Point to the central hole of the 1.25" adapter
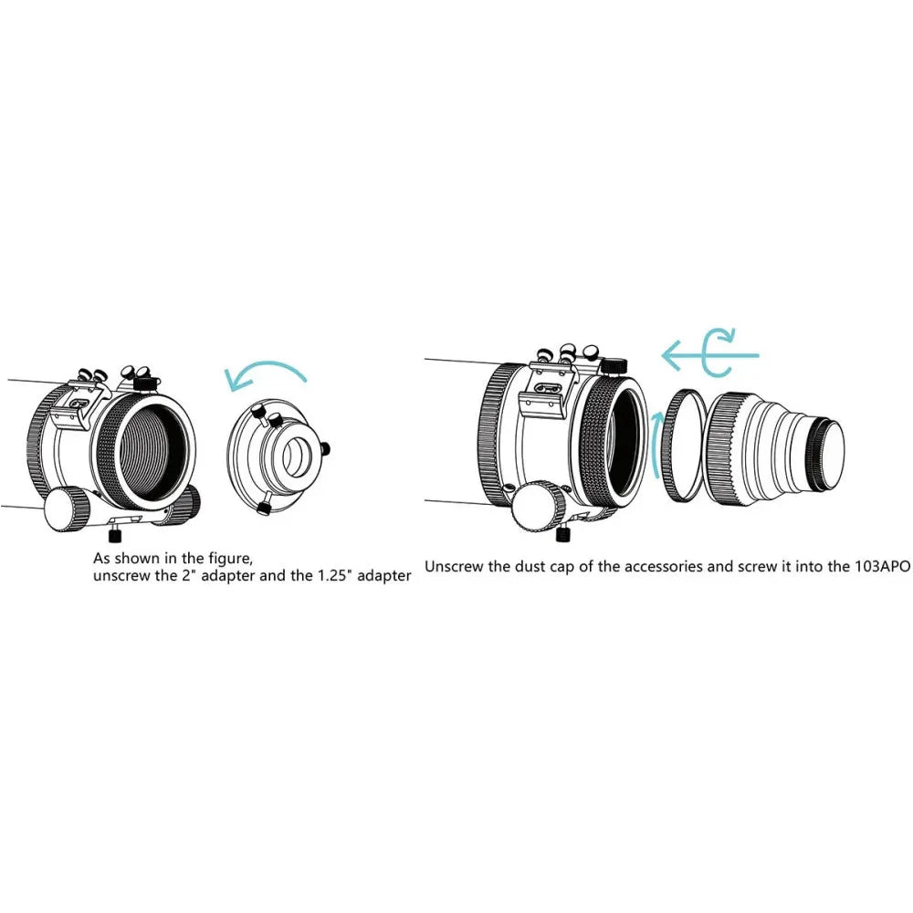pyautogui.click(x=299, y=456)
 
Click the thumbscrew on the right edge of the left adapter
pyautogui.click(x=326, y=447)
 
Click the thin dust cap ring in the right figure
pyautogui.click(x=681, y=445)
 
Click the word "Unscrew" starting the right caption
pyautogui.click(x=455, y=566)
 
